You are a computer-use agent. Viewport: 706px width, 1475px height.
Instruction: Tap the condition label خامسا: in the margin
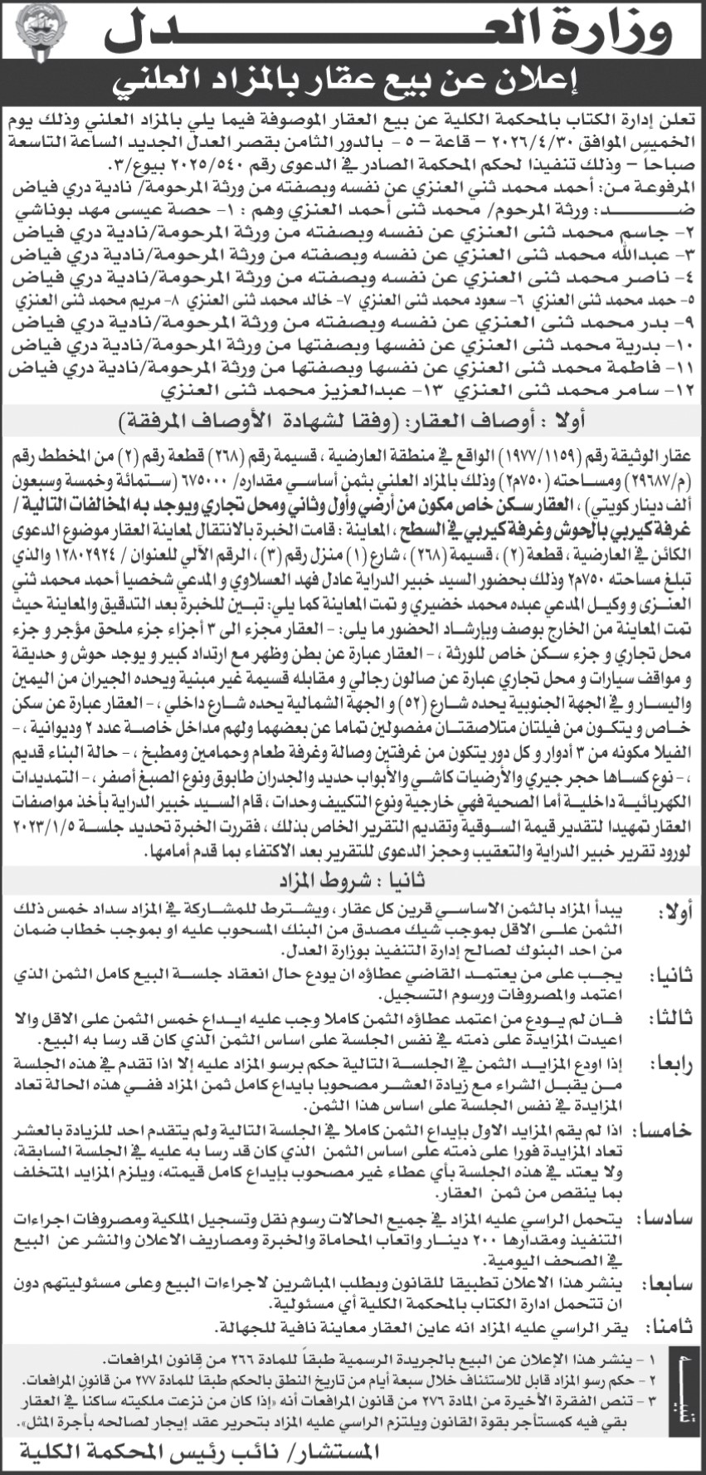tap(667, 1131)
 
